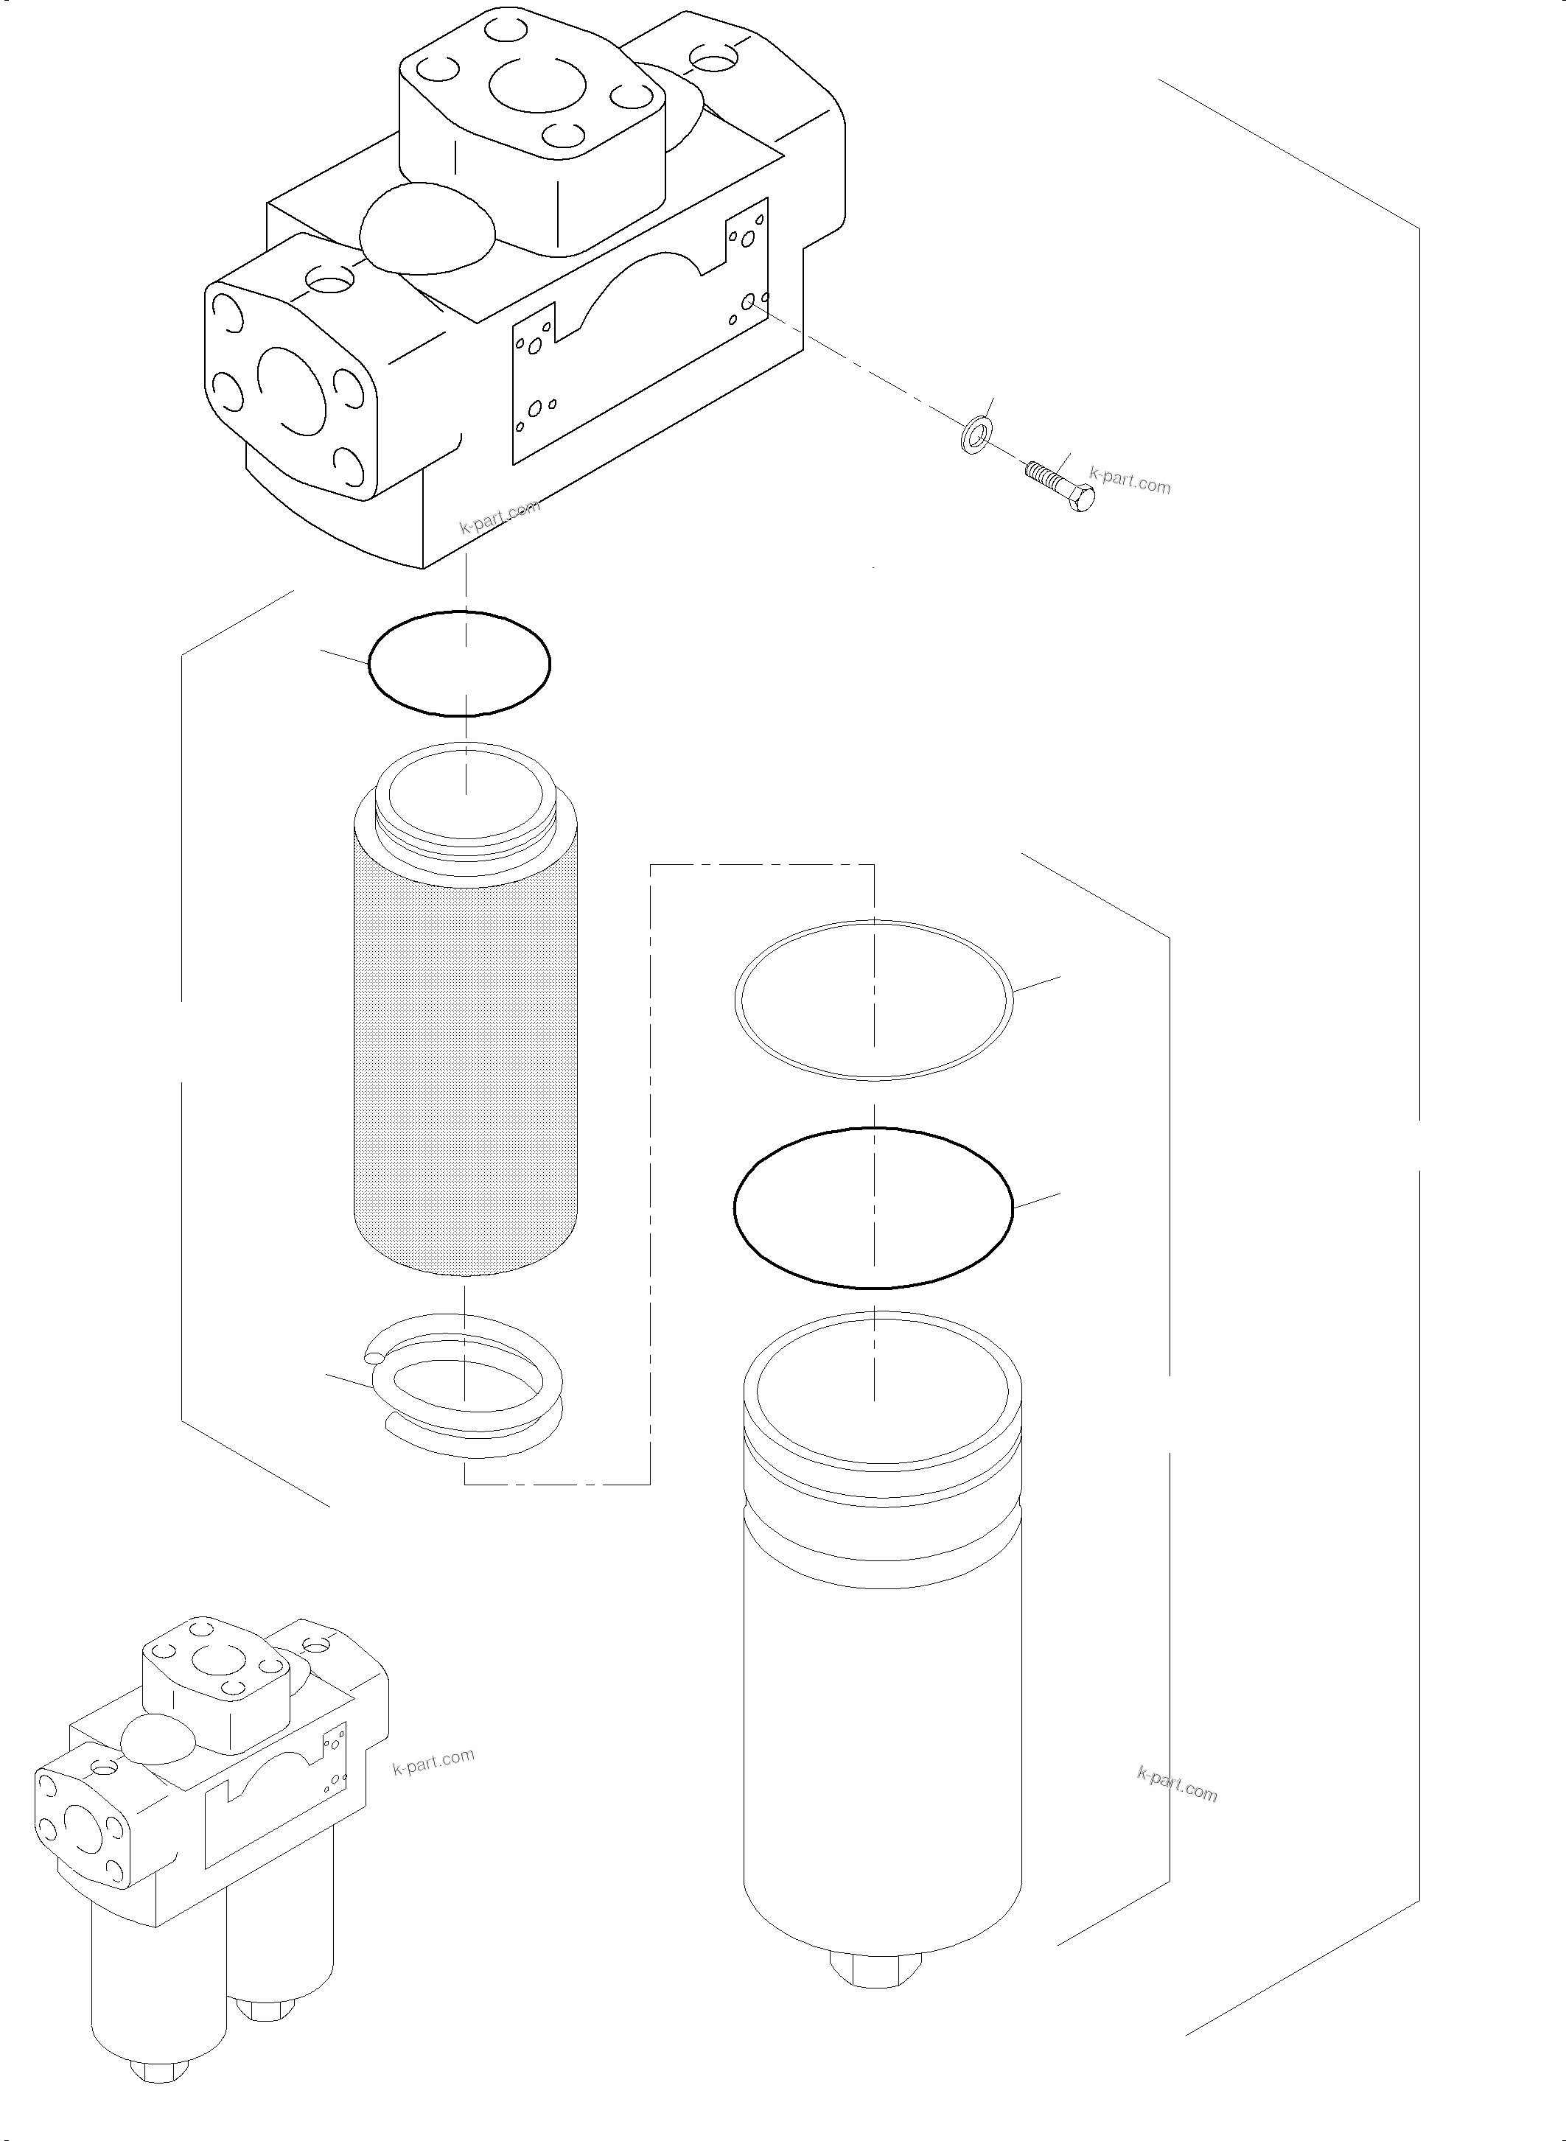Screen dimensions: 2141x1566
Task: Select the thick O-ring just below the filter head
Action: (459, 663)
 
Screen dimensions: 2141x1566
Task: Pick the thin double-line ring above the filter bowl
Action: (874, 1001)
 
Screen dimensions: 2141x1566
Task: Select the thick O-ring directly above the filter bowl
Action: (874, 1208)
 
